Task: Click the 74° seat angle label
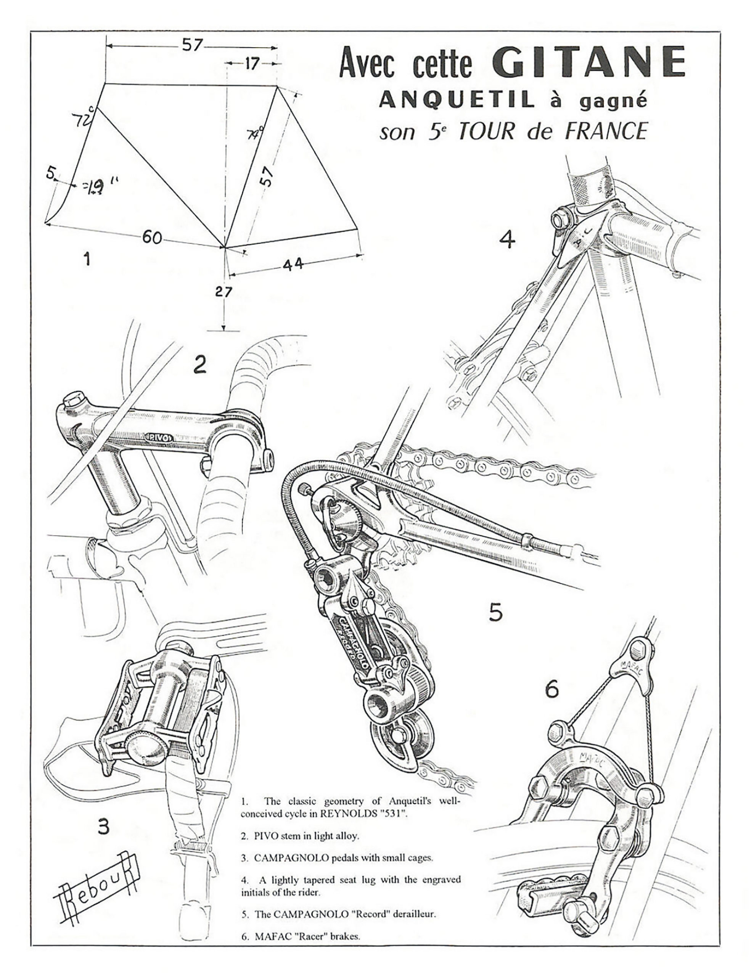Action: click(255, 132)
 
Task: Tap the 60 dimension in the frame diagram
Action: click(152, 238)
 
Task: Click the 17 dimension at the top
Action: click(251, 64)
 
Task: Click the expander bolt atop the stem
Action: click(73, 399)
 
